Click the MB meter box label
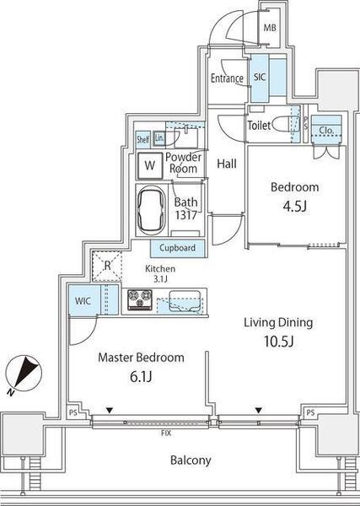[x=270, y=28]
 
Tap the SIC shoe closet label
[x=260, y=77]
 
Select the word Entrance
[x=227, y=78]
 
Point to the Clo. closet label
[x=326, y=131]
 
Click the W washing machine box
[x=150, y=165]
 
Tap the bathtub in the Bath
[x=151, y=210]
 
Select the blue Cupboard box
[x=177, y=248]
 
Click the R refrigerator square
[x=107, y=266]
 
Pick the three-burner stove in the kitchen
[x=140, y=299]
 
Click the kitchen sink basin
[x=185, y=301]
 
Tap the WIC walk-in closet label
[x=83, y=301]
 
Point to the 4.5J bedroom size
[x=294, y=207]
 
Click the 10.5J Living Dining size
[x=278, y=341]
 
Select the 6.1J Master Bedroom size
[x=141, y=376]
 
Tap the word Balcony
[x=191, y=460]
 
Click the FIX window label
[x=166, y=433]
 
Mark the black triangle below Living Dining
[x=258, y=411]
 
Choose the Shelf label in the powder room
[x=142, y=139]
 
